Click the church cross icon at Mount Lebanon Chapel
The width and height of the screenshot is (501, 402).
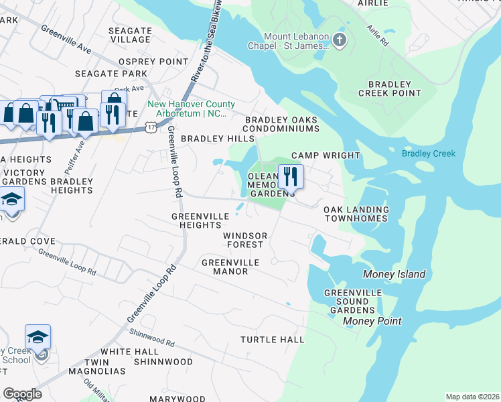coord(340,41)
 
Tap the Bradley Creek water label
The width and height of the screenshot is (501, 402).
coord(428,153)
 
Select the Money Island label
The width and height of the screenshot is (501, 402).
coord(394,275)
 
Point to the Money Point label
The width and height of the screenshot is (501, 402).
coord(372,322)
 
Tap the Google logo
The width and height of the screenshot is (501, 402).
coord(22,393)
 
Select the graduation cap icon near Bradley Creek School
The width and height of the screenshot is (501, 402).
coord(38,336)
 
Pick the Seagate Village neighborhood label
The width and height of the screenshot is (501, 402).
coord(130,36)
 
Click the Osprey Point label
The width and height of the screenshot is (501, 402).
coord(153,62)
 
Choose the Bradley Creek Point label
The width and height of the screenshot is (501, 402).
coord(389,88)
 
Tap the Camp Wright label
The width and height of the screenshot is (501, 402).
coord(325,155)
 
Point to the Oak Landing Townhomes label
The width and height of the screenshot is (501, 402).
coord(356,214)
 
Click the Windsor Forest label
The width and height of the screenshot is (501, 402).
coord(245,241)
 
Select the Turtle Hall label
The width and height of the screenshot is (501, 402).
coord(273,340)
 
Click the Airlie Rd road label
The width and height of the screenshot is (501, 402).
coord(378,34)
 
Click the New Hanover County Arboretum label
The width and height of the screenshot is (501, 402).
coord(192,109)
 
